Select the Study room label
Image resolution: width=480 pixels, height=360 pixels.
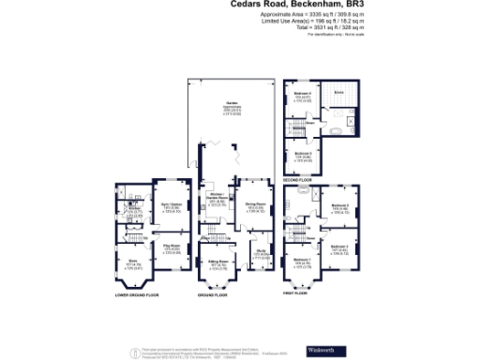[x=260, y=251]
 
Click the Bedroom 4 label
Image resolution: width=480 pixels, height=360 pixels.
[x=302, y=94]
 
